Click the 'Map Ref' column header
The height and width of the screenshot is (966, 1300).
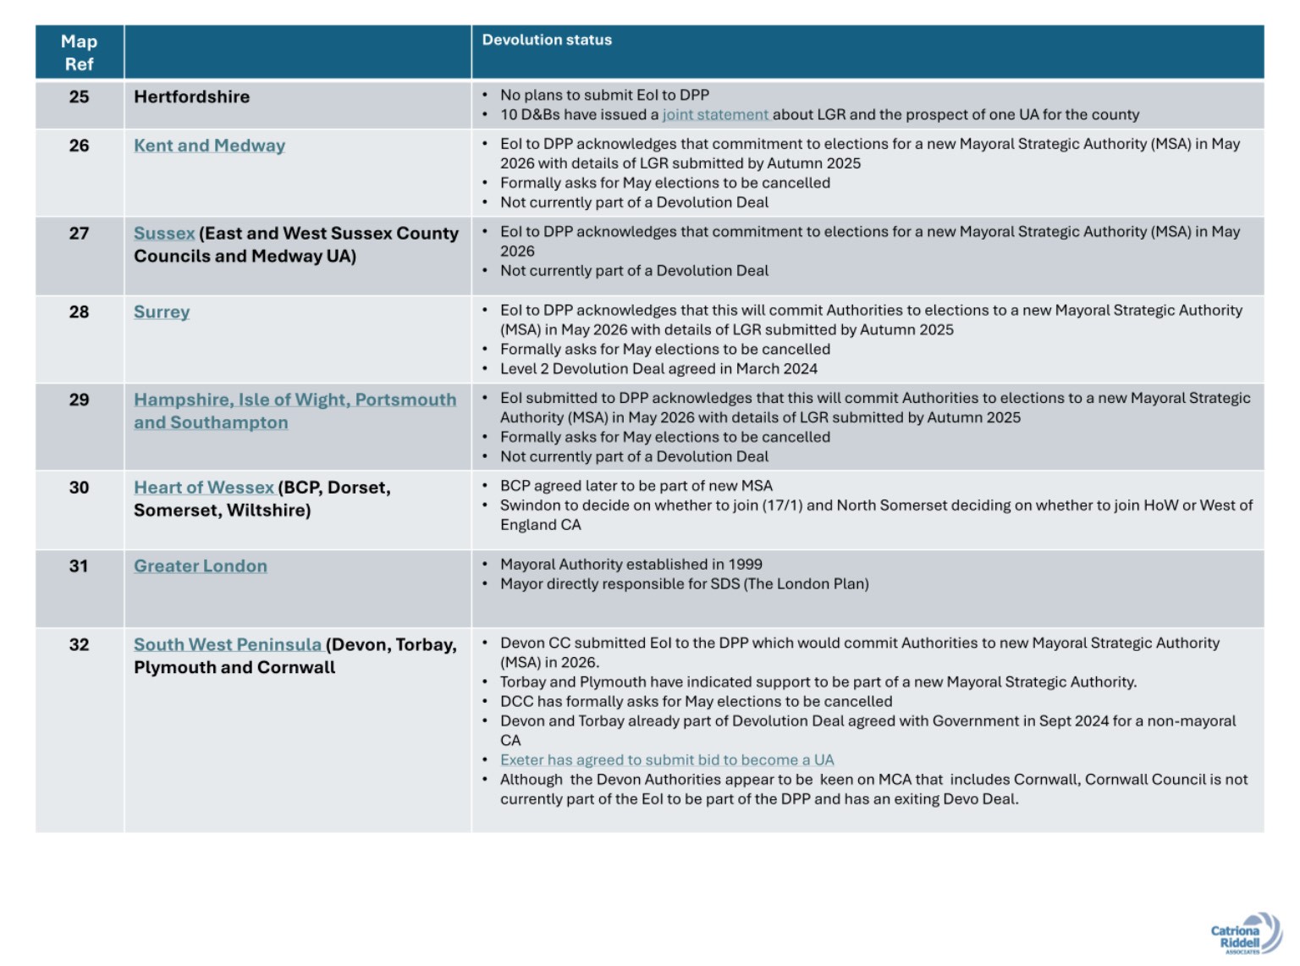point(79,52)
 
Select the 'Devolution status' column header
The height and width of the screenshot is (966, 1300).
point(547,40)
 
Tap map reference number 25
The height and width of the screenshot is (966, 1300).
point(79,97)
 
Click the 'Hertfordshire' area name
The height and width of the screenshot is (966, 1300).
point(191,97)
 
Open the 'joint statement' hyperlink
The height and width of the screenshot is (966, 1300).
point(715,114)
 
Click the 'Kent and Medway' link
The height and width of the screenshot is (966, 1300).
point(209,146)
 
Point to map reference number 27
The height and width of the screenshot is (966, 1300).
point(79,233)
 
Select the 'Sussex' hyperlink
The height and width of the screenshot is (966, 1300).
point(164,233)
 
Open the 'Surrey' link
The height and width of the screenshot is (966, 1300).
point(162,312)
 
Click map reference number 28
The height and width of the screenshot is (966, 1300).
point(79,312)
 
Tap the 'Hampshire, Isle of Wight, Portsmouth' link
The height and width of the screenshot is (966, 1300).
point(295,400)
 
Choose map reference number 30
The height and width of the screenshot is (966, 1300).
point(79,488)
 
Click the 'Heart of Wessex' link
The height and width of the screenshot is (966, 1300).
point(204,488)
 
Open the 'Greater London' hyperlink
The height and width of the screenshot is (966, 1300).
point(201,566)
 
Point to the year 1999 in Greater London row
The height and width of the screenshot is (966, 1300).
point(745,564)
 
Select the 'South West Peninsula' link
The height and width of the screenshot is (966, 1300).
point(228,645)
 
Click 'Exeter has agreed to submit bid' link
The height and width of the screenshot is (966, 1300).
point(667,760)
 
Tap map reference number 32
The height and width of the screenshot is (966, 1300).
point(79,645)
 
